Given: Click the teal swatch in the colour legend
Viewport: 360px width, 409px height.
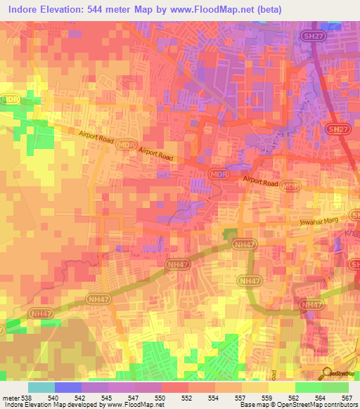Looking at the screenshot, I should tap(41, 388).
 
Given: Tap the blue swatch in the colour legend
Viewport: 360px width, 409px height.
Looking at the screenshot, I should tap(68, 388).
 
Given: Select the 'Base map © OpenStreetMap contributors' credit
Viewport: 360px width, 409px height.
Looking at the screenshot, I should tap(298, 405).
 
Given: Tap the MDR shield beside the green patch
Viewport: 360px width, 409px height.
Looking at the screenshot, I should tap(9, 100).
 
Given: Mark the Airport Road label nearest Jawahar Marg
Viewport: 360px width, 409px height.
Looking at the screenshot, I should tap(262, 183).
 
